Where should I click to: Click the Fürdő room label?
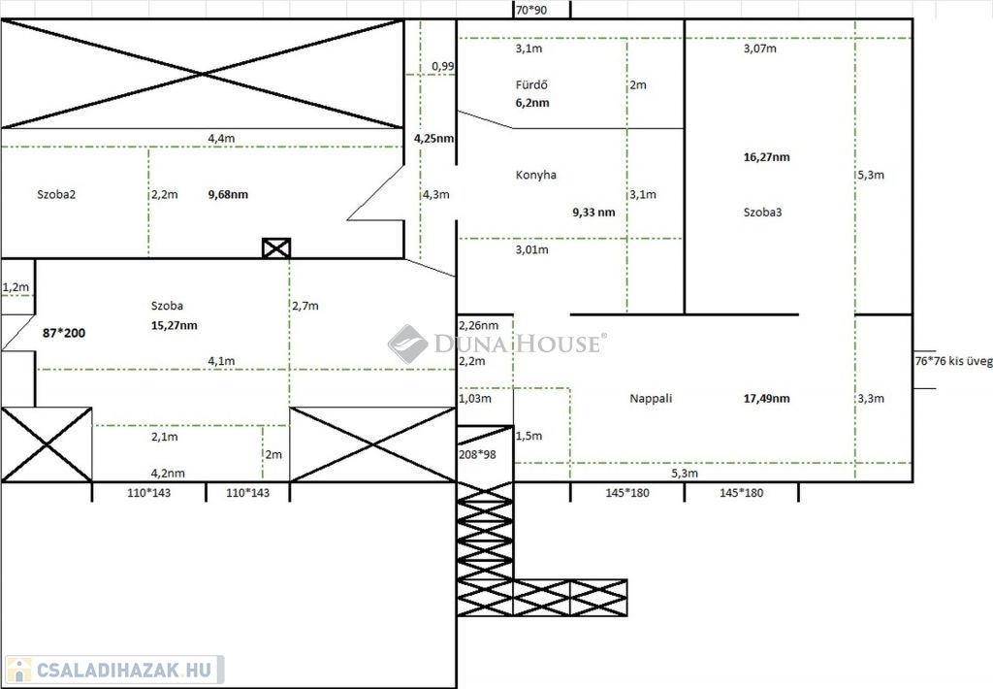pyautogui.click(x=531, y=84)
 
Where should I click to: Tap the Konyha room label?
pyautogui.click(x=535, y=176)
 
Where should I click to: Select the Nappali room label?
pyautogui.click(x=651, y=398)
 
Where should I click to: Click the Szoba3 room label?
pyautogui.click(x=762, y=212)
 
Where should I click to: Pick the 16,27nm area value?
pyautogui.click(x=766, y=157)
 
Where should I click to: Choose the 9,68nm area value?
pyautogui.click(x=228, y=194)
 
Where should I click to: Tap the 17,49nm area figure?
pyautogui.click(x=766, y=398)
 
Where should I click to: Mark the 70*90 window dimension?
pyautogui.click(x=531, y=10)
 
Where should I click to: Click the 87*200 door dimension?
pyautogui.click(x=64, y=333)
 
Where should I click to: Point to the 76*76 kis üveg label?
pyautogui.click(x=952, y=361)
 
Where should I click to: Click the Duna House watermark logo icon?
pyautogui.click(x=407, y=344)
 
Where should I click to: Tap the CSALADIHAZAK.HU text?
pyautogui.click(x=126, y=670)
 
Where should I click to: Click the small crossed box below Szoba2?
pyautogui.click(x=276, y=248)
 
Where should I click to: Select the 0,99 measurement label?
pyautogui.click(x=442, y=66)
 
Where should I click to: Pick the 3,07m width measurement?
pyautogui.click(x=759, y=48)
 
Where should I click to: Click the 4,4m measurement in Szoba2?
pyautogui.click(x=221, y=139)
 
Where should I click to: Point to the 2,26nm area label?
pyautogui.click(x=478, y=325)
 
